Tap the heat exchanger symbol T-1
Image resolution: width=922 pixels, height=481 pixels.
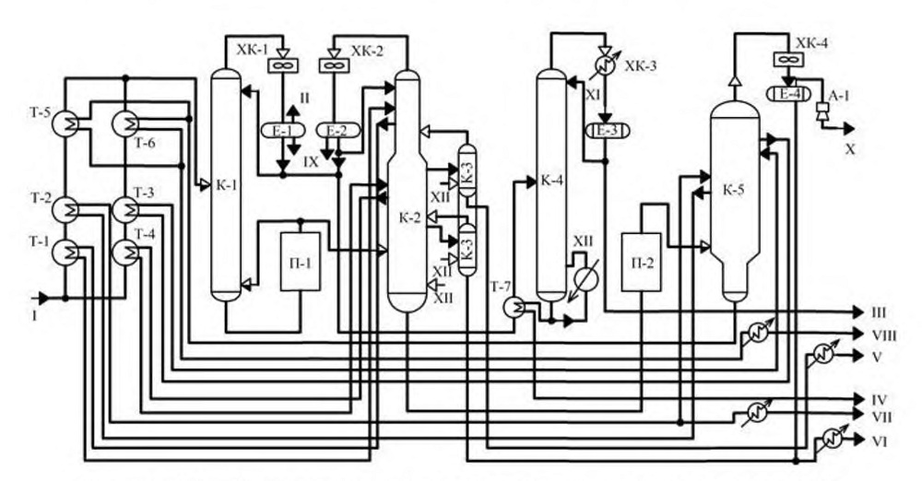(65, 252)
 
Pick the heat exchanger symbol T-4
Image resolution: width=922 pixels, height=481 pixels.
(125, 252)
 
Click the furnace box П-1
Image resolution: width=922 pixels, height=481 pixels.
(301, 262)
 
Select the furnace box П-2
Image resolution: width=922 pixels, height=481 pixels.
(642, 263)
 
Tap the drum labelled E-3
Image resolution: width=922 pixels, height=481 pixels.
(607, 130)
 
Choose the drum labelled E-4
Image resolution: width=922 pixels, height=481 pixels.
(788, 93)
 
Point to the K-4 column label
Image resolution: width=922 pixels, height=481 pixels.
(551, 181)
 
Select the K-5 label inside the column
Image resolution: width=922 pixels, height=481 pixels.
(734, 191)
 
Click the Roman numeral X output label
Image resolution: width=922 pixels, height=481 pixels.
(850, 150)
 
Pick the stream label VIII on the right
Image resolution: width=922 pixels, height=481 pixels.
(884, 335)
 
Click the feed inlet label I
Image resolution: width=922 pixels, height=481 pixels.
(34, 316)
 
